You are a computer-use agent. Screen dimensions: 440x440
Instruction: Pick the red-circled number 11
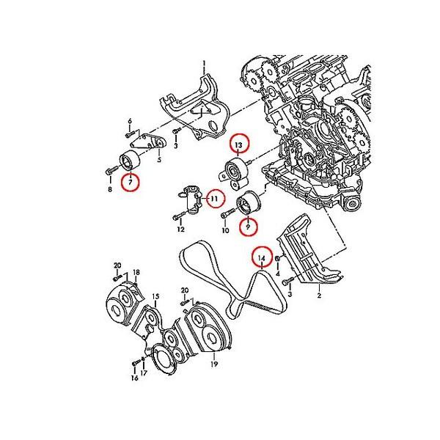[x=214, y=199]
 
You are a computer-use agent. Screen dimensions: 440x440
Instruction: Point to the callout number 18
[x=136, y=272]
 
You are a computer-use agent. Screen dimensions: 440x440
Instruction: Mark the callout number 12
[x=180, y=230]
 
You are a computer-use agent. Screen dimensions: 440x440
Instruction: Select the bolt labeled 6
[x=130, y=134]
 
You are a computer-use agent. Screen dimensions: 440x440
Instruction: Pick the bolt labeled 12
[x=180, y=216]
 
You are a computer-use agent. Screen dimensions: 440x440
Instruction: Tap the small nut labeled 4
[x=279, y=259]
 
